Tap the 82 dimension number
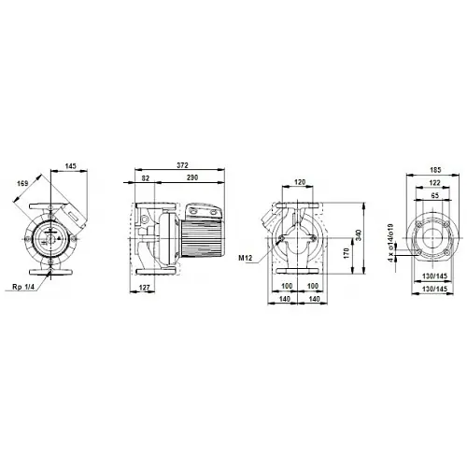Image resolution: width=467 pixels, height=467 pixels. pos(145,178)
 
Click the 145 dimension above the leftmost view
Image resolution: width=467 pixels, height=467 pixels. pos(70,165)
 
